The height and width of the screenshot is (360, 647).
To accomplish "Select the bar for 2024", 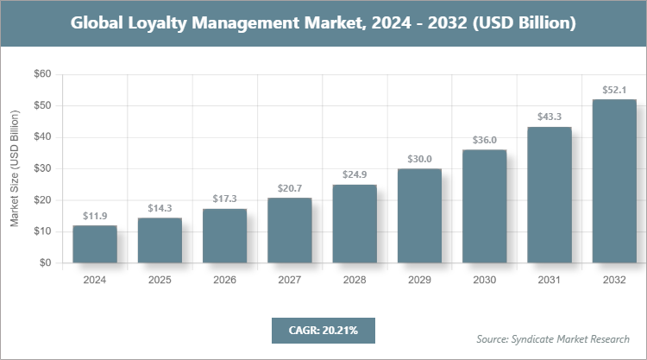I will [95, 244].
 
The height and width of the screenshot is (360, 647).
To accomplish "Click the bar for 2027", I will [289, 231].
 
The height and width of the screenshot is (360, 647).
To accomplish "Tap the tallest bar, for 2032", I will [614, 181].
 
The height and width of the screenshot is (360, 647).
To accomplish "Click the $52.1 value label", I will [614, 90].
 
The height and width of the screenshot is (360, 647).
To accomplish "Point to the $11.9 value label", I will [95, 216].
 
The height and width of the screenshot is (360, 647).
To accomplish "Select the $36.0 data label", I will [484, 140].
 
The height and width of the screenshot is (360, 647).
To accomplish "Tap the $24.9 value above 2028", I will [355, 175].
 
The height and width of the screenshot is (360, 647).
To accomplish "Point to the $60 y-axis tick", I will [42, 74].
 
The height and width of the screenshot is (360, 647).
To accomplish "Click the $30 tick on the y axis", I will [42, 168].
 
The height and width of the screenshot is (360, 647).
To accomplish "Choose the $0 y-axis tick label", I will [45, 262].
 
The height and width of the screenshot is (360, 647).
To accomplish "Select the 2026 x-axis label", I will [224, 280].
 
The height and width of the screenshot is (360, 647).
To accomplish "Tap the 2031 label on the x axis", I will [550, 280].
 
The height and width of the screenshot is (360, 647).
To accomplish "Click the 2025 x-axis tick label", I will [160, 280].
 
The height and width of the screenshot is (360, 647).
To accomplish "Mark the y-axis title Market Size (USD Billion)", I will [15, 168].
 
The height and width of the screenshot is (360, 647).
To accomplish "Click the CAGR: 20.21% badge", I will [323, 330].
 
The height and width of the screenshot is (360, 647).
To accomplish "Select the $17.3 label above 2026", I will [224, 199].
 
